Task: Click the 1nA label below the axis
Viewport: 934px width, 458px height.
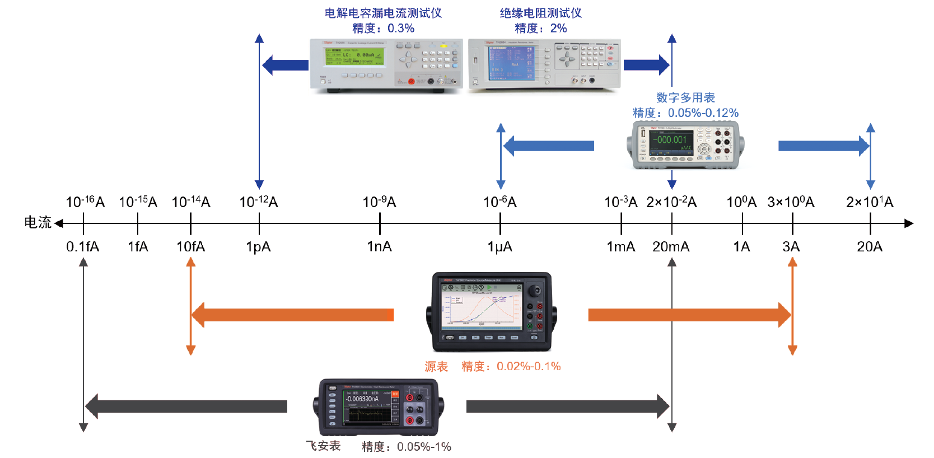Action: [x=379, y=246]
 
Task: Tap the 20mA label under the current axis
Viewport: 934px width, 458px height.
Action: [x=671, y=246]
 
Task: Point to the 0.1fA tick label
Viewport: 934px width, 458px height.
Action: [x=82, y=246]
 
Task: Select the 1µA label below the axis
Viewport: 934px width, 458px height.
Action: [x=499, y=246]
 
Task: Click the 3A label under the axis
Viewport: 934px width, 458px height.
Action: [x=791, y=246]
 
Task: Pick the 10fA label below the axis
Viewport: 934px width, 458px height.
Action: [x=190, y=246]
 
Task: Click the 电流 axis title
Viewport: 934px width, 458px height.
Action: [x=38, y=222]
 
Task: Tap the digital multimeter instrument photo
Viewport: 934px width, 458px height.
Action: [x=685, y=145]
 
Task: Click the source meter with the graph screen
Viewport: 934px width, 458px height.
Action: [x=491, y=311]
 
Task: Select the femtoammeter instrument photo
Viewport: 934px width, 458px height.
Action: [x=378, y=407]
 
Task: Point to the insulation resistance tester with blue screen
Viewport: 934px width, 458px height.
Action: [x=544, y=64]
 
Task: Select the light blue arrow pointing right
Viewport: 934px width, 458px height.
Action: [x=823, y=146]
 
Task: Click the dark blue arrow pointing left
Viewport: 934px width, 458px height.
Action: [x=285, y=65]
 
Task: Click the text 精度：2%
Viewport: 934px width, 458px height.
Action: [x=540, y=28]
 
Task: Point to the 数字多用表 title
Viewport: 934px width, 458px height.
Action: [x=685, y=97]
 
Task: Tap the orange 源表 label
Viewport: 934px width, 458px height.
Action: [x=436, y=367]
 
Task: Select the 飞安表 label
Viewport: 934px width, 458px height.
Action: [x=323, y=446]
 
